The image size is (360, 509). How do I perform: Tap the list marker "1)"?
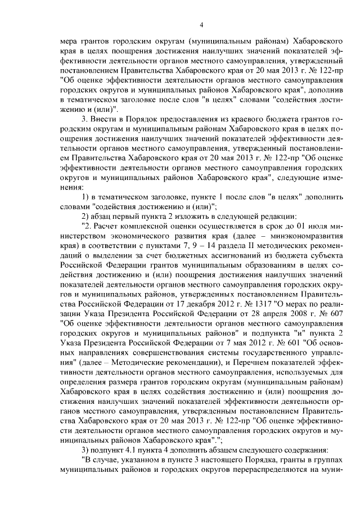(86, 195)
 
